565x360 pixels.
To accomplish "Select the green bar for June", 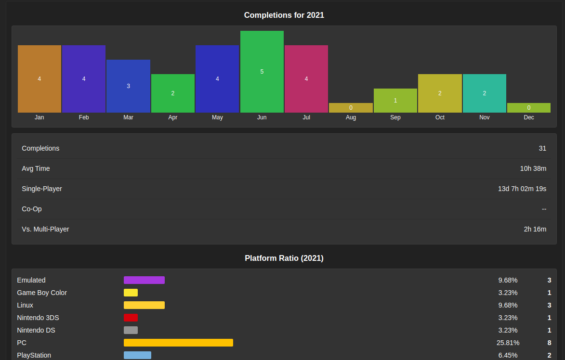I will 262,72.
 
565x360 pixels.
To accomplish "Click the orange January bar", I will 39,79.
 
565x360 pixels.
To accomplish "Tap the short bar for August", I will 351,108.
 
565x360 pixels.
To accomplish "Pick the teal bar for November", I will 484,93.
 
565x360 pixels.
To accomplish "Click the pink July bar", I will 306,79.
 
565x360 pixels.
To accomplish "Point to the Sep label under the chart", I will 395,117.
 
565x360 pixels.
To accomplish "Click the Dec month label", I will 529,117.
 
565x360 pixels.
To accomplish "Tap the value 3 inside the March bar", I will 128,86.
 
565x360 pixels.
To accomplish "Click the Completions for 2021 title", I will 284,15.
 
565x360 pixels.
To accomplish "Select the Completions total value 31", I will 542,148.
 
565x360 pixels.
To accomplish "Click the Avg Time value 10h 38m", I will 533,168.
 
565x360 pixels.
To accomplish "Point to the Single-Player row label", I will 42,189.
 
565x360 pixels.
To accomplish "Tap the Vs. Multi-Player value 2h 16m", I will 535,229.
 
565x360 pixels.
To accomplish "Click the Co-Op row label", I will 32,209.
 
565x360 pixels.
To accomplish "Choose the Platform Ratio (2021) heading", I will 284,258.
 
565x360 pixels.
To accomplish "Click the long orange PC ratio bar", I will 178,343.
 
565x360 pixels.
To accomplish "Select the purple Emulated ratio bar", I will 144,280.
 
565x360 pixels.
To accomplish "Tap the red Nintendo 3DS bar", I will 131,318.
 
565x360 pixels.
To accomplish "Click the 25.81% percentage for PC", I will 508,343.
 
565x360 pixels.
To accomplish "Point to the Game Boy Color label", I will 42,293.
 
